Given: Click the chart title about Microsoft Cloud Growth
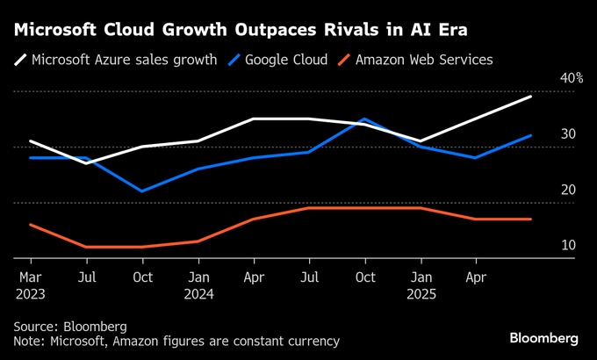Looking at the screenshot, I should (240, 30).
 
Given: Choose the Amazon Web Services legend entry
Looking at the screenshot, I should (418, 60).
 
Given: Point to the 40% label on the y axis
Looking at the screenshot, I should (571, 78).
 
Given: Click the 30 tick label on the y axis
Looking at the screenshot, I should (568, 134).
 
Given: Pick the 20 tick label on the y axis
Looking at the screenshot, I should (568, 190).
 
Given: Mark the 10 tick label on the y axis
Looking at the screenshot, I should (568, 245).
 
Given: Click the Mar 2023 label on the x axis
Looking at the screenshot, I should (31, 285).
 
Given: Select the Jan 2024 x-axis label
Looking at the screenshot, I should (198, 285).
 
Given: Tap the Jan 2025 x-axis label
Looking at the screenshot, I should (421, 285).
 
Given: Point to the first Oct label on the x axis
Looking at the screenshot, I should (142, 277).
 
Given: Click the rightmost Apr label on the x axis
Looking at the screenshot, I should (476, 277).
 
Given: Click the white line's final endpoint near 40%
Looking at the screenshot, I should (531, 97).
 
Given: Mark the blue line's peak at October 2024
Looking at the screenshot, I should (364, 119).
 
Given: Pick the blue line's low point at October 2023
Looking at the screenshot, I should (142, 191).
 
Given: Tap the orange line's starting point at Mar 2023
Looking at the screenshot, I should (31, 225).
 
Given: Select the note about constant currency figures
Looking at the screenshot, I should (176, 341).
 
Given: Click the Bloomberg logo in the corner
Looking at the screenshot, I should (544, 338).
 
